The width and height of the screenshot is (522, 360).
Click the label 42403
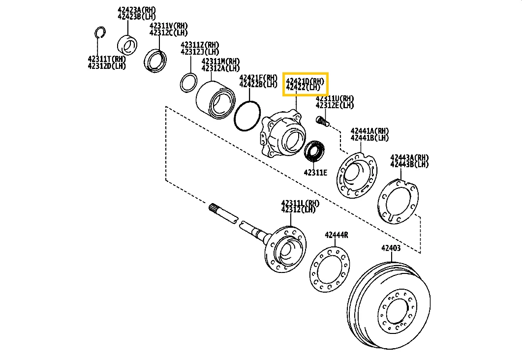[x=391, y=248]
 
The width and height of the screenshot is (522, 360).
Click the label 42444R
[x=336, y=235]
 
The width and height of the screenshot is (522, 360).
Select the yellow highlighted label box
[x=305, y=84]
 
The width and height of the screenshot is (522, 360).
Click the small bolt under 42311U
[x=323, y=120]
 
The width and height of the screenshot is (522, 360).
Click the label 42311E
[x=315, y=172]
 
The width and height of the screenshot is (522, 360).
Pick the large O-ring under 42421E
[x=247, y=117]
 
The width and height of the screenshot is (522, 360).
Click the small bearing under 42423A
[x=128, y=44]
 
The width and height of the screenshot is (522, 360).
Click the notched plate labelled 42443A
[x=398, y=202]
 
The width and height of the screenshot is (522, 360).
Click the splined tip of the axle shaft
[x=216, y=209]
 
